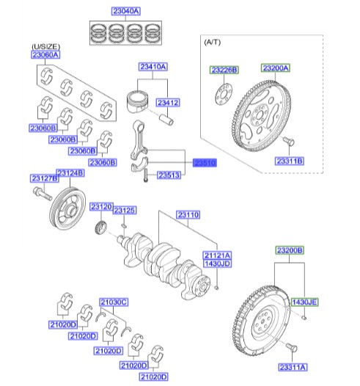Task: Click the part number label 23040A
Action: click(126, 12)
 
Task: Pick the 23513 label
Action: click(170, 176)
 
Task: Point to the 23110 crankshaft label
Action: click(188, 215)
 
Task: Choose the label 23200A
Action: click(275, 69)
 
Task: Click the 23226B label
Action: click(224, 70)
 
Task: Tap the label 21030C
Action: click(114, 301)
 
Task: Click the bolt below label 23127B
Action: click(40, 195)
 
